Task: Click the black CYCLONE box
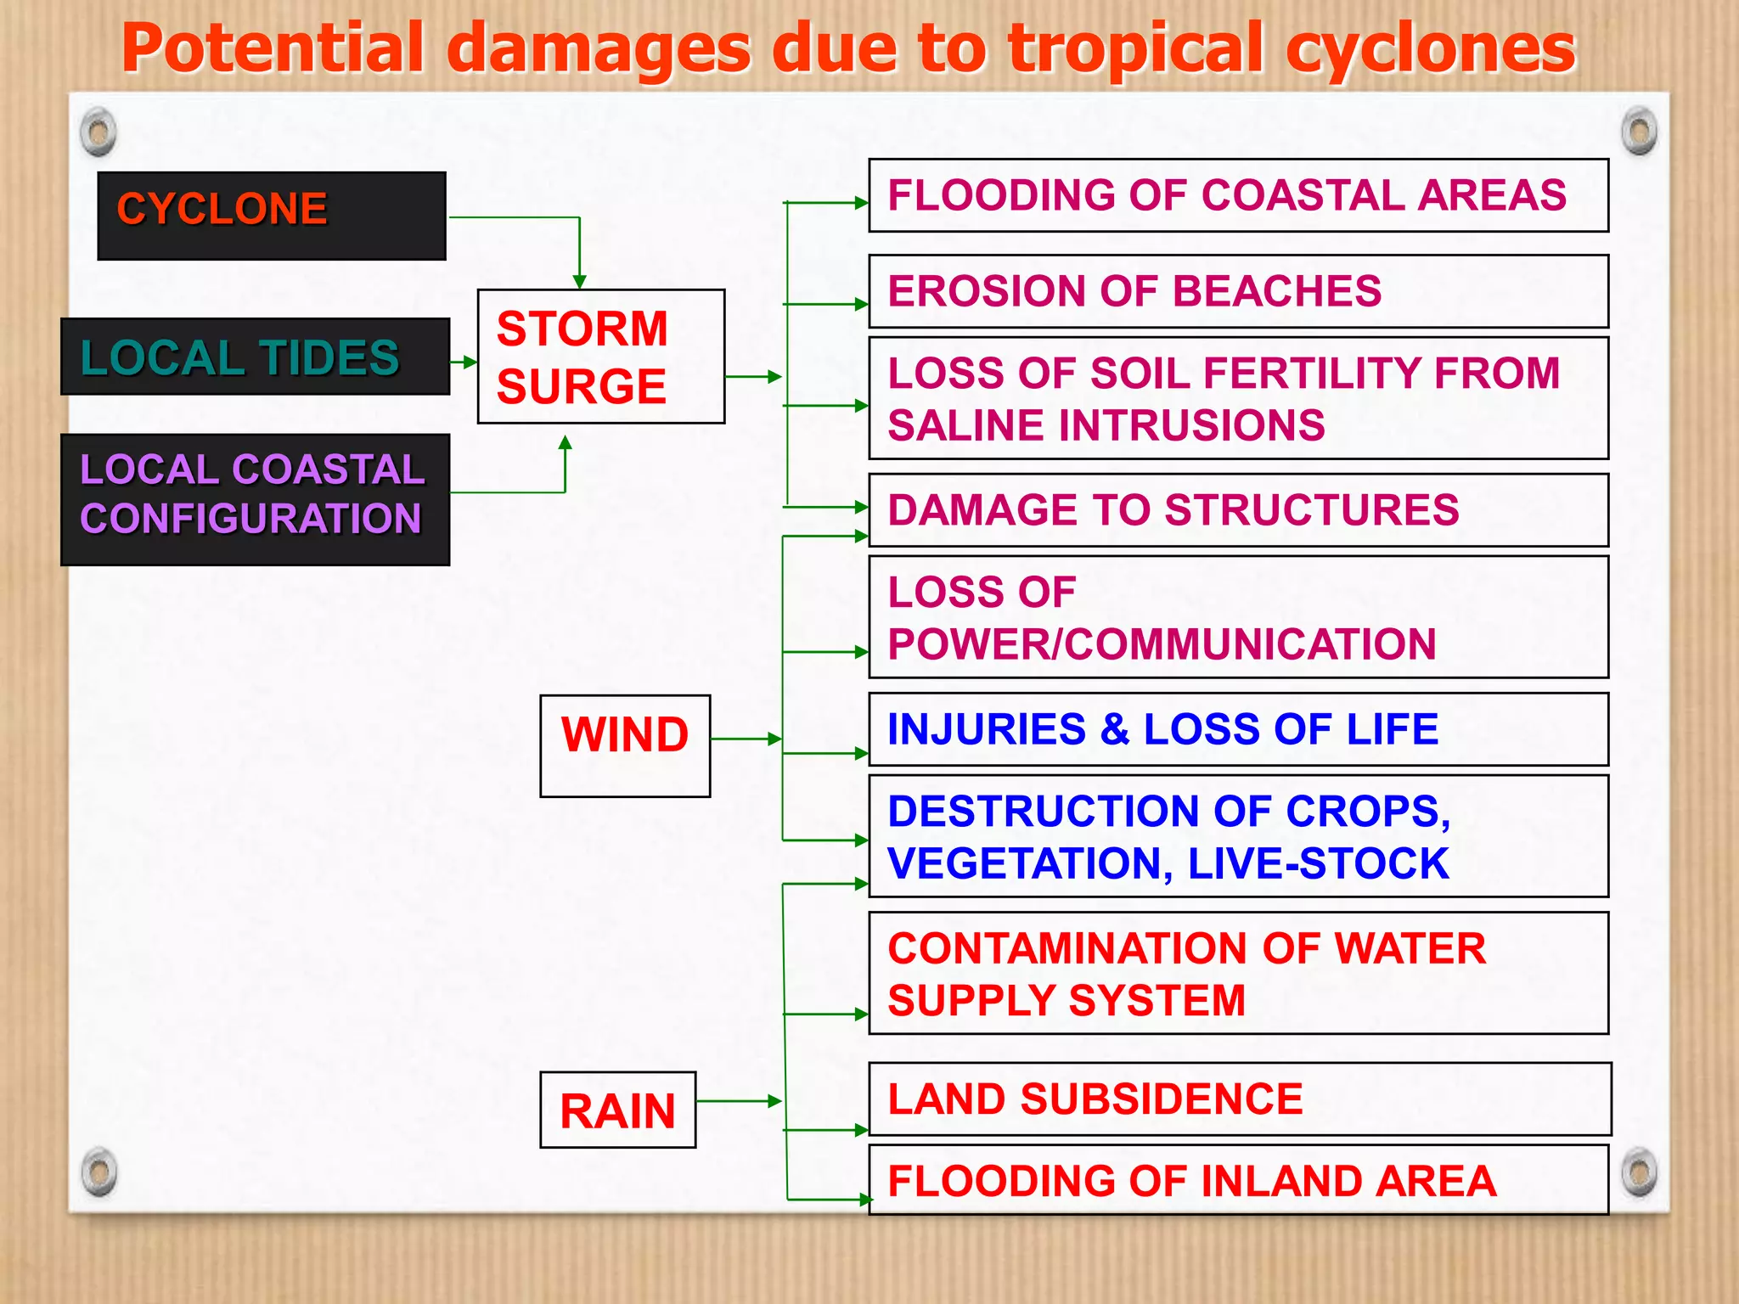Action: point(272,216)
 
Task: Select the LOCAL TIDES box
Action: point(255,357)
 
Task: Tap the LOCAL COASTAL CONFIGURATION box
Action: point(255,499)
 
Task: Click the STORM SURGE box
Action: point(600,357)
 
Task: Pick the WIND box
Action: point(625,745)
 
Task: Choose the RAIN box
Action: point(617,1110)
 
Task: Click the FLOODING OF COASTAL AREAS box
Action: point(1238,195)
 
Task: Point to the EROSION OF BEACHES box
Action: point(1238,291)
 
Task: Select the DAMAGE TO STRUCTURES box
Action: point(1238,510)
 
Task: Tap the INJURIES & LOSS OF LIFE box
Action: point(1238,729)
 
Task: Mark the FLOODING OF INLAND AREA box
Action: point(1238,1180)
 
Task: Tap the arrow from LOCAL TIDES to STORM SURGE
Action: point(464,362)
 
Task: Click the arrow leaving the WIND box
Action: point(746,739)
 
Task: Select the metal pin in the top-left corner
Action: point(98,132)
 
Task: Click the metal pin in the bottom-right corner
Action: point(1639,1172)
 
